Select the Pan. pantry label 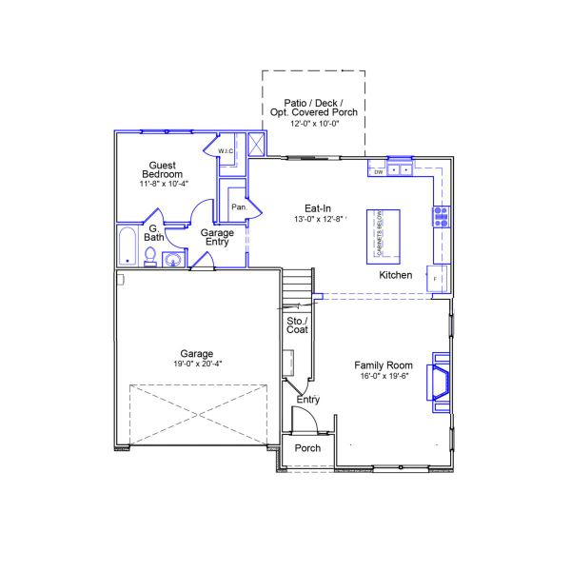pos(240,207)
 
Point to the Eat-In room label pos(317,207)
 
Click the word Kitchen pos(396,275)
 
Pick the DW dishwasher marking pos(378,172)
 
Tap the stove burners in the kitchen pos(442,215)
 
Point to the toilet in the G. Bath pos(150,255)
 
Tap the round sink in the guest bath pos(173,259)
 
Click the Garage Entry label pos(218,237)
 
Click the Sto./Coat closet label pos(297,325)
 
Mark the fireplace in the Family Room pos(441,381)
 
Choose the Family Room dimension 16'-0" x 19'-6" pos(384,377)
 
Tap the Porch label pos(307,448)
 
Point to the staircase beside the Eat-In pos(298,285)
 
